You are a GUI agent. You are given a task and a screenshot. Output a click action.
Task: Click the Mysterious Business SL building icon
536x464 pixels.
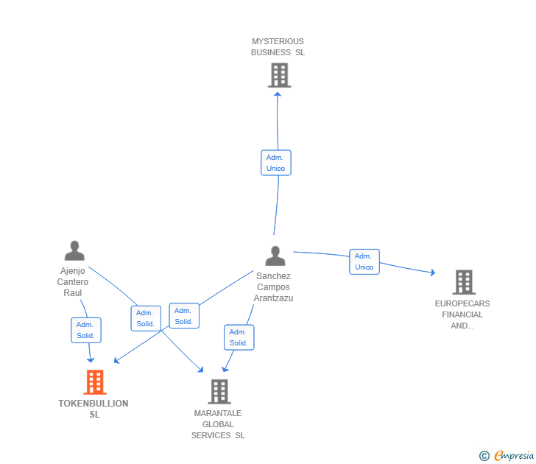(x=279, y=75)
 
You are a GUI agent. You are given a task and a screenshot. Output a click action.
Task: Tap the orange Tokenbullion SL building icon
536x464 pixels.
(x=94, y=382)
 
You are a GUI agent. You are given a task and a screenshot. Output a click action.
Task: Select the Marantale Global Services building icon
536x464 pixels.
(x=219, y=391)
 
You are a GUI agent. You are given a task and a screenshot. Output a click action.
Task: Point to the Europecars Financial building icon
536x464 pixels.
(x=463, y=282)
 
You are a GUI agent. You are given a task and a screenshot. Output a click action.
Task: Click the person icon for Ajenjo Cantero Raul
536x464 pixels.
(x=74, y=251)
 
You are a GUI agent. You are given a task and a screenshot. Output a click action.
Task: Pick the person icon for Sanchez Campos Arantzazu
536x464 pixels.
(x=275, y=256)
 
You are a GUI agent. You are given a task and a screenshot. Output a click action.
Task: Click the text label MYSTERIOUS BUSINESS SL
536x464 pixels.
(x=278, y=47)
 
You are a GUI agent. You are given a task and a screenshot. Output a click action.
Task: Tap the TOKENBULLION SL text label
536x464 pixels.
(x=94, y=409)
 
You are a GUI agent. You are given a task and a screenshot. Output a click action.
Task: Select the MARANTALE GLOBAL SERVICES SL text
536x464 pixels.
(x=218, y=424)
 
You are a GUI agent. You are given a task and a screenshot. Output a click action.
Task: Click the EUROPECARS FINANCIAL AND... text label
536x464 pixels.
(x=462, y=314)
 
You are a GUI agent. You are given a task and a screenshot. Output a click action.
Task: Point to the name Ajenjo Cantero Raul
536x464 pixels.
(x=74, y=281)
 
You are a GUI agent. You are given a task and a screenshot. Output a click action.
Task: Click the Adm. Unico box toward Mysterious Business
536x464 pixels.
(x=276, y=163)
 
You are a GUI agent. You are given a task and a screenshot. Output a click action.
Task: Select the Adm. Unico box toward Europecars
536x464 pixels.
(x=364, y=261)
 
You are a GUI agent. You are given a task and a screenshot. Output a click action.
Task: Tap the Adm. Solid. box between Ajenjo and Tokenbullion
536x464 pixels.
(x=86, y=330)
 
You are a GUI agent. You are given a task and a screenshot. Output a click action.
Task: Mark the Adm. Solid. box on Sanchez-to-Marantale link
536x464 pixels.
(x=239, y=337)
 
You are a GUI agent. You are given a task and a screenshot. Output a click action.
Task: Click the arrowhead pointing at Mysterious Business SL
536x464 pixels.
(x=277, y=94)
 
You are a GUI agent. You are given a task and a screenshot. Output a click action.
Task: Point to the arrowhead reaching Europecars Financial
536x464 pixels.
(x=432, y=273)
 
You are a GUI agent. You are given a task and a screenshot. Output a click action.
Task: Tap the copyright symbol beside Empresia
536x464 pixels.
(x=484, y=456)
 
